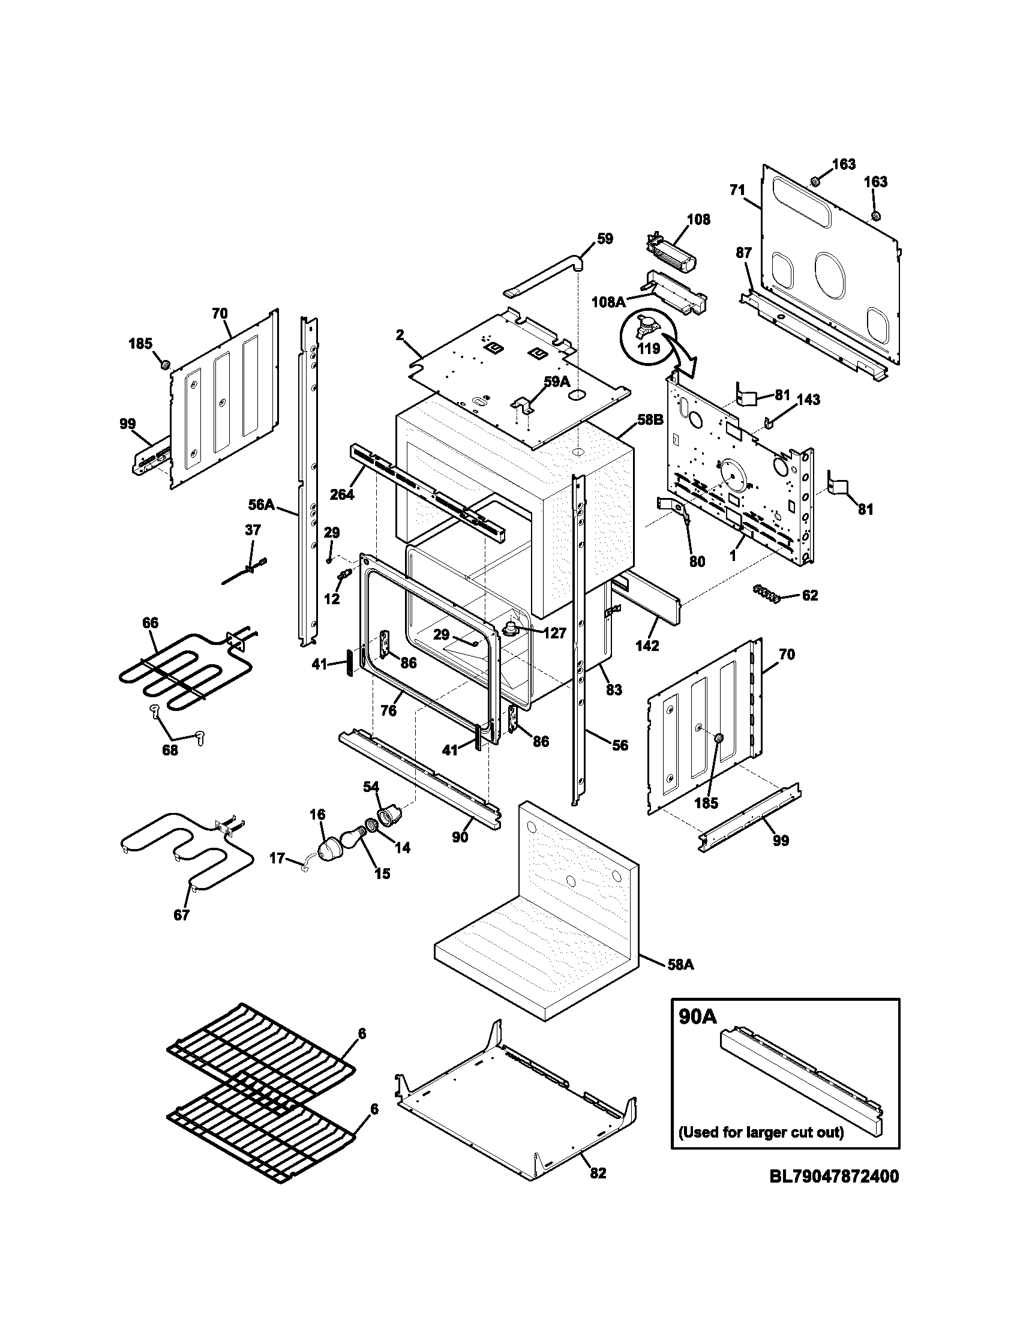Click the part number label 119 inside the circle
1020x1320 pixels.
click(647, 349)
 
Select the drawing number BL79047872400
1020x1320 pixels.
click(834, 1176)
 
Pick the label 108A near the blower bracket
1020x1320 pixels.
click(608, 302)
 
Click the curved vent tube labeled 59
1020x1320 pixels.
click(544, 277)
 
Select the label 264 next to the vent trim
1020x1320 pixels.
click(342, 494)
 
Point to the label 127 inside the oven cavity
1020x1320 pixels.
click(554, 633)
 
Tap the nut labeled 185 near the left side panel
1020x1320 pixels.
click(163, 364)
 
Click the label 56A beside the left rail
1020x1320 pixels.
click(262, 504)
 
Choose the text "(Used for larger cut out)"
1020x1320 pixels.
click(761, 1132)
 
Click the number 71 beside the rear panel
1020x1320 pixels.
click(737, 190)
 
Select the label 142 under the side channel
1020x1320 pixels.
click(647, 646)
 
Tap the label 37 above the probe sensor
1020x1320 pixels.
click(253, 530)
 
